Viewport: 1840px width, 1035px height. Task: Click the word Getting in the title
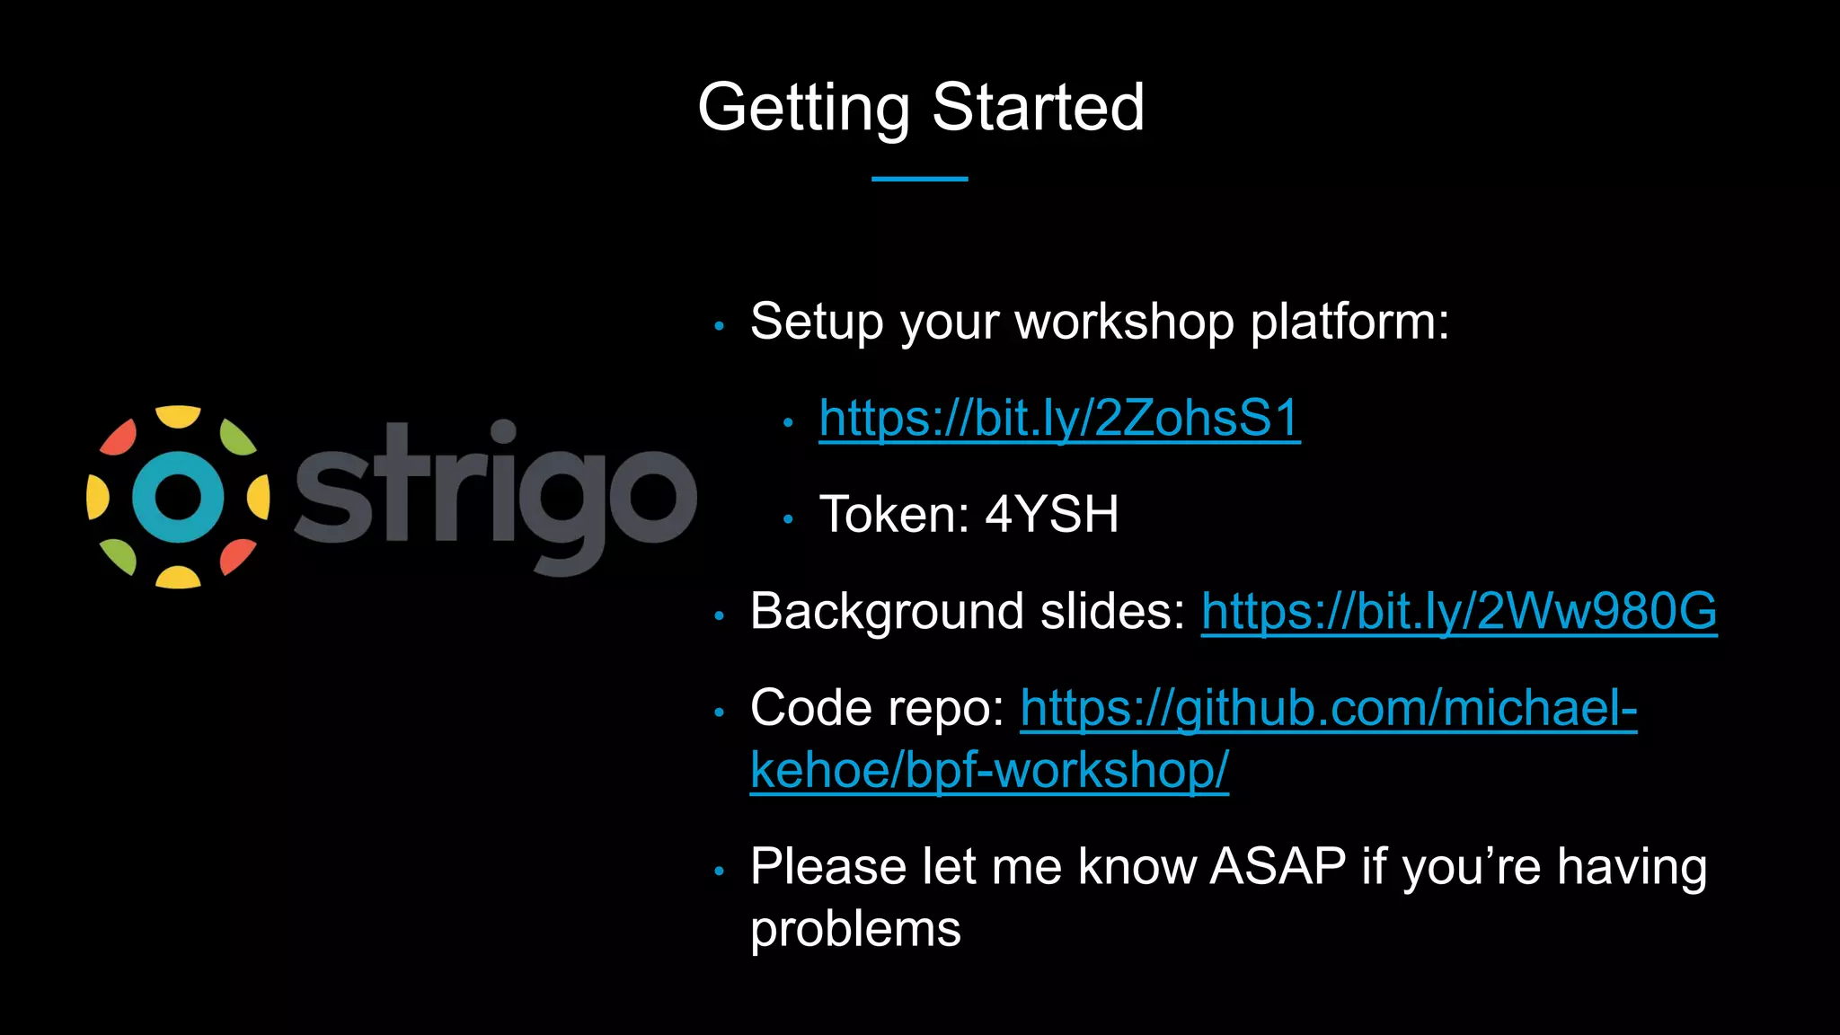click(803, 108)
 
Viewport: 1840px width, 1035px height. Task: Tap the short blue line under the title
click(919, 179)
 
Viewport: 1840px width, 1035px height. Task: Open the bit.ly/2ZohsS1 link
click(1059, 419)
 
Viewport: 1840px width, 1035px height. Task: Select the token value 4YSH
click(1052, 515)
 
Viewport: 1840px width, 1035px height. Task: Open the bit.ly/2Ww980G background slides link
click(1458, 612)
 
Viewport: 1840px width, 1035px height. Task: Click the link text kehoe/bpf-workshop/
click(989, 771)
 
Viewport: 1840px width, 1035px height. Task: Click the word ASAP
click(1278, 867)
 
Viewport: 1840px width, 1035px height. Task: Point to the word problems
click(855, 930)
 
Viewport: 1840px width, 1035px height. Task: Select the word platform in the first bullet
click(1349, 323)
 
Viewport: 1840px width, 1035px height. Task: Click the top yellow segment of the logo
click(178, 417)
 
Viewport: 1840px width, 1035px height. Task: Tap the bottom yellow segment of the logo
click(178, 577)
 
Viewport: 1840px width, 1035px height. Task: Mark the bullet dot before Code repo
click(719, 713)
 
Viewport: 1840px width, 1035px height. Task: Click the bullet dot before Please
click(719, 871)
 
